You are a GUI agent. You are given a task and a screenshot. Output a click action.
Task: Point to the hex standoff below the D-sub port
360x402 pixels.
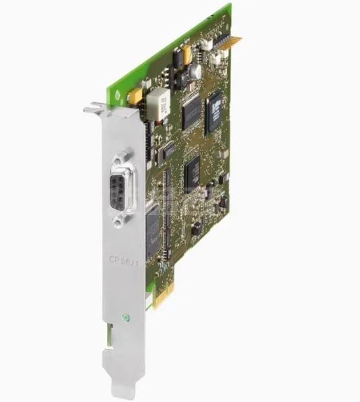click(x=117, y=221)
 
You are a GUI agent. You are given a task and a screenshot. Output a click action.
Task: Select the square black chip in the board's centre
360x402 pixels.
click(x=193, y=170)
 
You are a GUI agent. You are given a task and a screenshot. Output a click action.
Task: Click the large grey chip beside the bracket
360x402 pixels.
click(x=152, y=227)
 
